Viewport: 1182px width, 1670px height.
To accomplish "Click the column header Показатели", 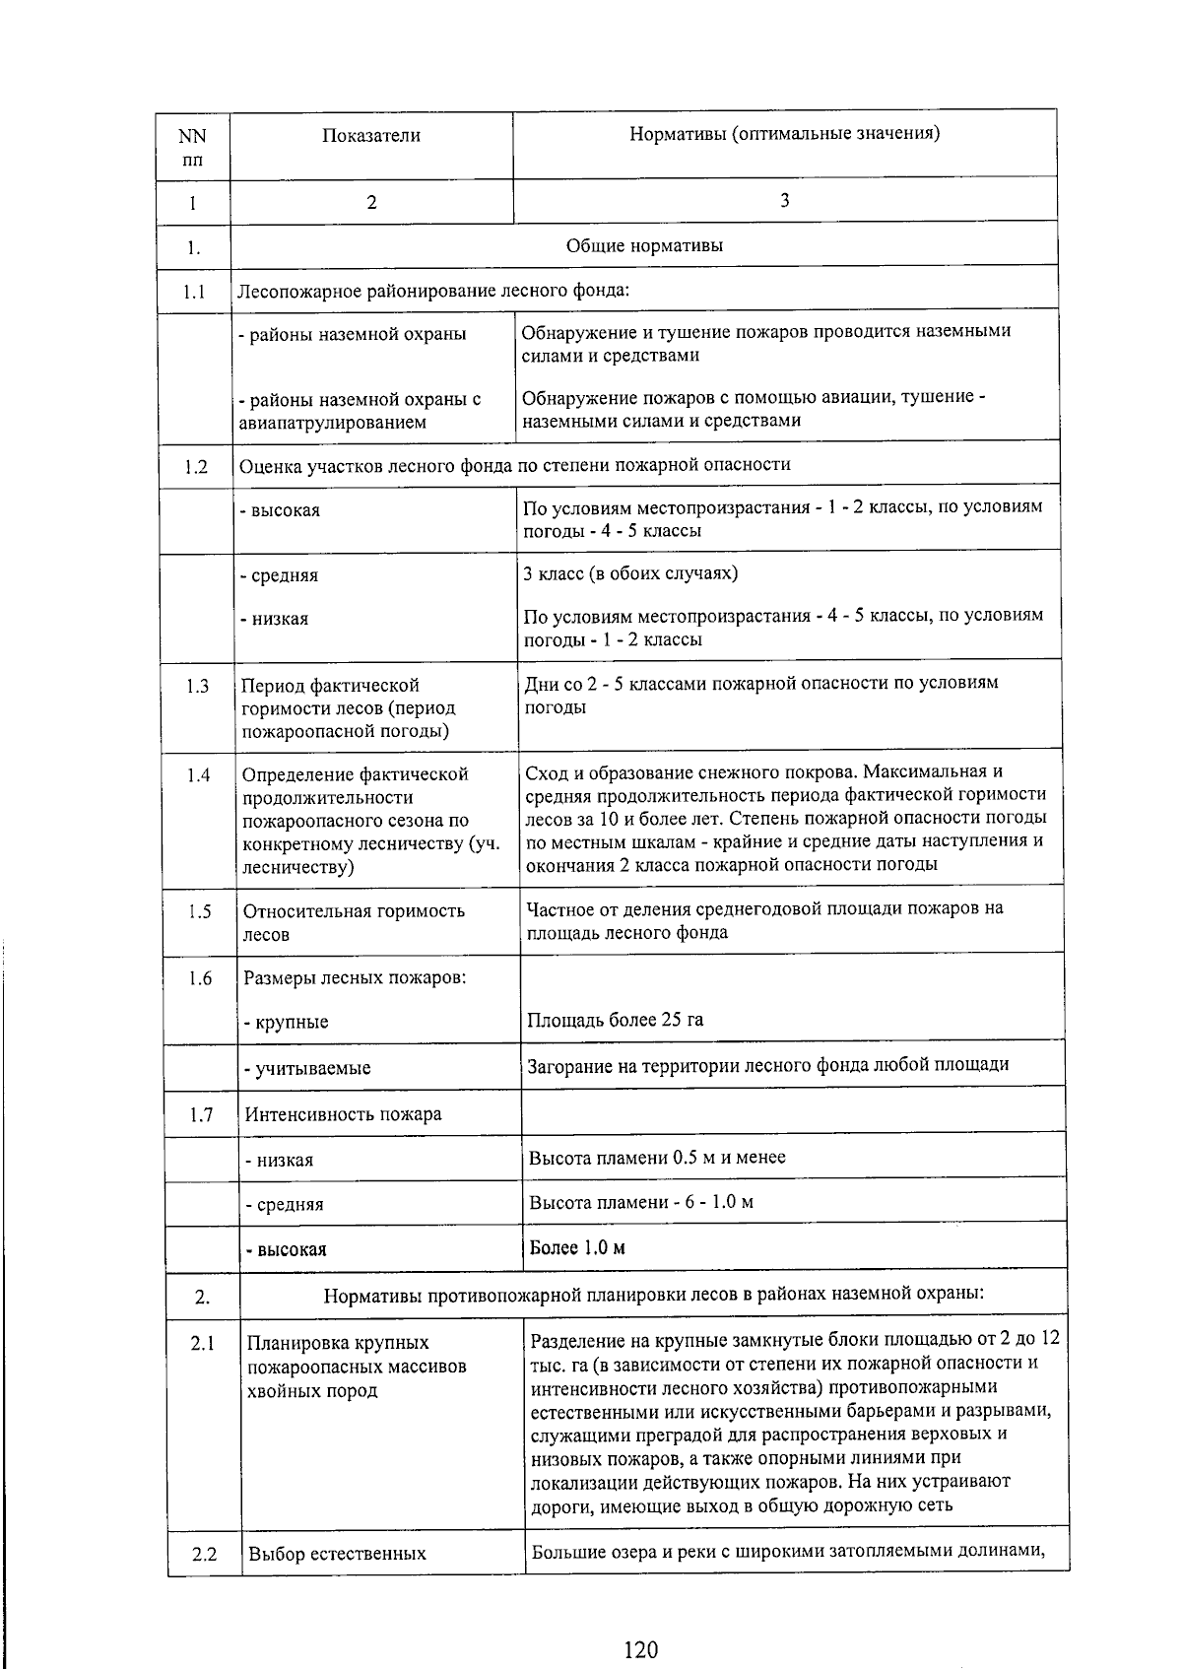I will [x=370, y=136].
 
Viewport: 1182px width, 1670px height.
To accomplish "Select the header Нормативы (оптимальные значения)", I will [x=784, y=133].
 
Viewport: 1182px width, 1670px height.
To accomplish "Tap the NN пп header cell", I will [x=192, y=147].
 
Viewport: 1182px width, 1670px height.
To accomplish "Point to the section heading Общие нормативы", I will [x=644, y=245].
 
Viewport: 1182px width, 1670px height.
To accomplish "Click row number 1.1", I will [x=193, y=292].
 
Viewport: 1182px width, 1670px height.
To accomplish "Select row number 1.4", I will [x=198, y=775].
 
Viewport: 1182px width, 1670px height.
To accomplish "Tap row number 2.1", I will [x=203, y=1343].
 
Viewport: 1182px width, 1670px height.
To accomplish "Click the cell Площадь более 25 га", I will [x=616, y=1019].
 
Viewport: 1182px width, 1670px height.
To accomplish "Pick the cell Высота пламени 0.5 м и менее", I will [x=657, y=1157].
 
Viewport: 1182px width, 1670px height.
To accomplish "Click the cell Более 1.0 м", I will [x=577, y=1247].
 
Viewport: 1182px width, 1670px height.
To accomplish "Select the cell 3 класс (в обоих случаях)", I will [x=630, y=573].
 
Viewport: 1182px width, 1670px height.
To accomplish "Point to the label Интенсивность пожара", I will [x=343, y=1114].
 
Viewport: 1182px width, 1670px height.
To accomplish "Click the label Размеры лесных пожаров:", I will [x=355, y=977].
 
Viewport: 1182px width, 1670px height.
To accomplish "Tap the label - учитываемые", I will [x=307, y=1068].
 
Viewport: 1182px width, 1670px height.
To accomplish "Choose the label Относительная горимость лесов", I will [x=354, y=922].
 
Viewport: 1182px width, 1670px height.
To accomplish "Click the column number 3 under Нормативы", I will [x=784, y=201].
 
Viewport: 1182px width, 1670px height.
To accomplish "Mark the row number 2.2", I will [x=204, y=1554].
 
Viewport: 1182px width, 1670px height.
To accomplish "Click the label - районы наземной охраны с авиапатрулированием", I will [x=360, y=411].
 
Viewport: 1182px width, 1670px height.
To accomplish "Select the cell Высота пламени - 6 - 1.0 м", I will [x=641, y=1202].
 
